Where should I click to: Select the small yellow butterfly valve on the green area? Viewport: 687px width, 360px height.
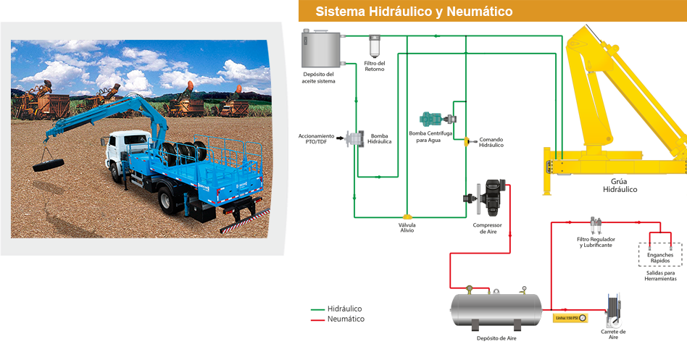[x=407, y=216]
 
